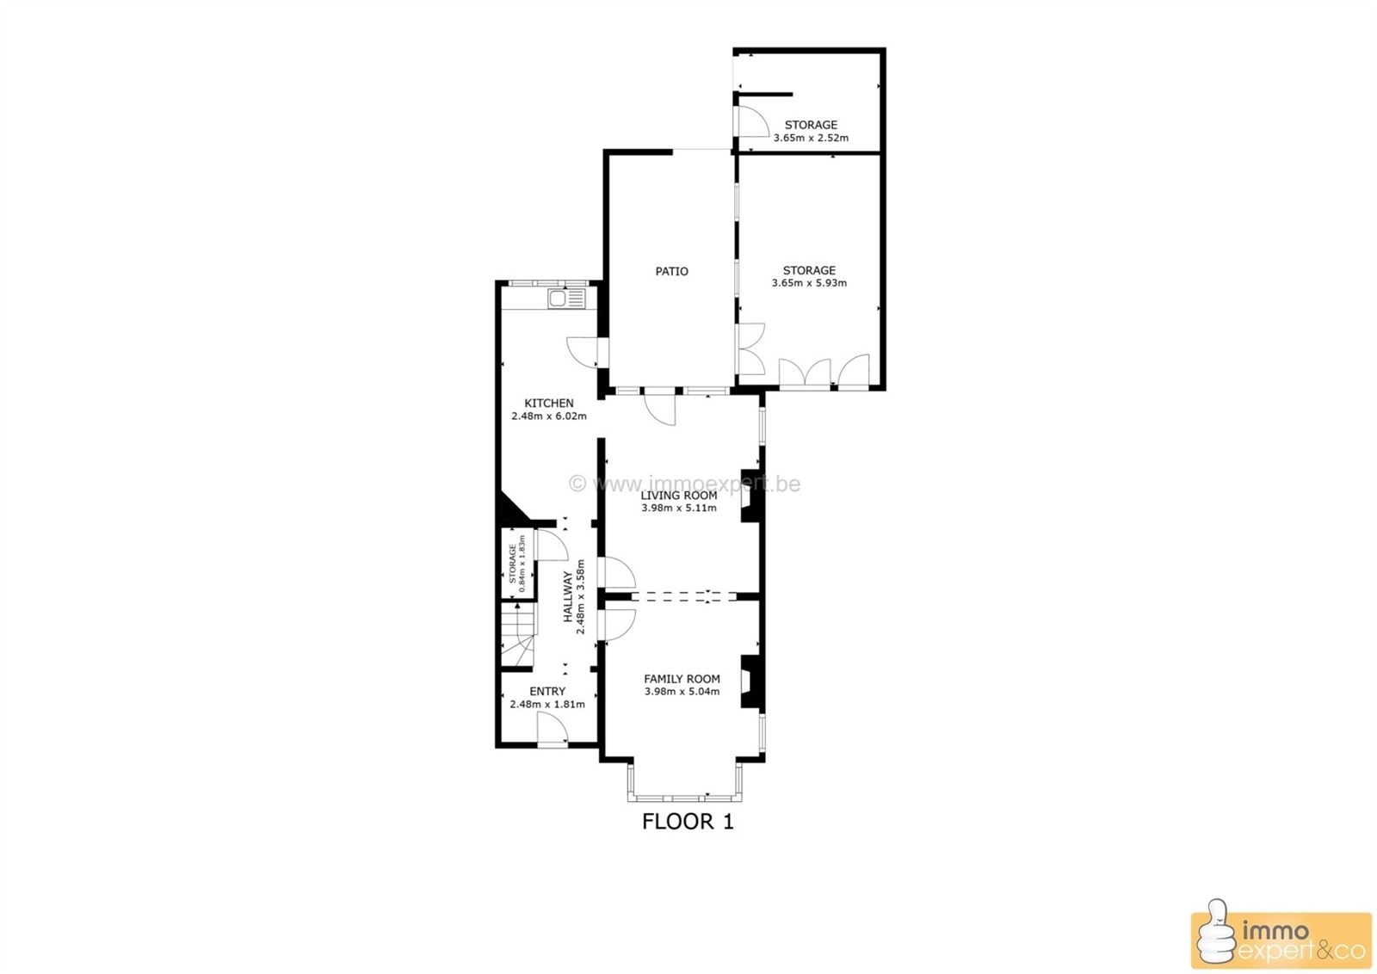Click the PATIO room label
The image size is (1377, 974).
tap(671, 271)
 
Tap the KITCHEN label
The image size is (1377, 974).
tap(549, 404)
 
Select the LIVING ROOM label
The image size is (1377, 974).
tap(679, 496)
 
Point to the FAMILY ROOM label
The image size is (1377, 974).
tap(682, 679)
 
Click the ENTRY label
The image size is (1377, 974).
tap(547, 691)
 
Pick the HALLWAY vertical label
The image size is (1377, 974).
tap(568, 596)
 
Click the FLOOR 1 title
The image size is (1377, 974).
tap(688, 822)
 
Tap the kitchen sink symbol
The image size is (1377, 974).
tap(567, 299)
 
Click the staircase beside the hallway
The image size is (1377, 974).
tap(518, 635)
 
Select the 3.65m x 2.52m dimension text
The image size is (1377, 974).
tap(811, 138)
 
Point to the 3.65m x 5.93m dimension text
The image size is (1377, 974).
tap(809, 283)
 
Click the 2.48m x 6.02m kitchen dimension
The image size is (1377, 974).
tap(549, 416)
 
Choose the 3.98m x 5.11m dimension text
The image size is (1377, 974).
tap(679, 509)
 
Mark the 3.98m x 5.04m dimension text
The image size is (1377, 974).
tap(682, 691)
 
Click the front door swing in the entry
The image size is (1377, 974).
tap(553, 728)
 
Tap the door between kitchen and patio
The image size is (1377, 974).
tap(587, 352)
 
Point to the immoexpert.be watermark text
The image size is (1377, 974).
tap(685, 484)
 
